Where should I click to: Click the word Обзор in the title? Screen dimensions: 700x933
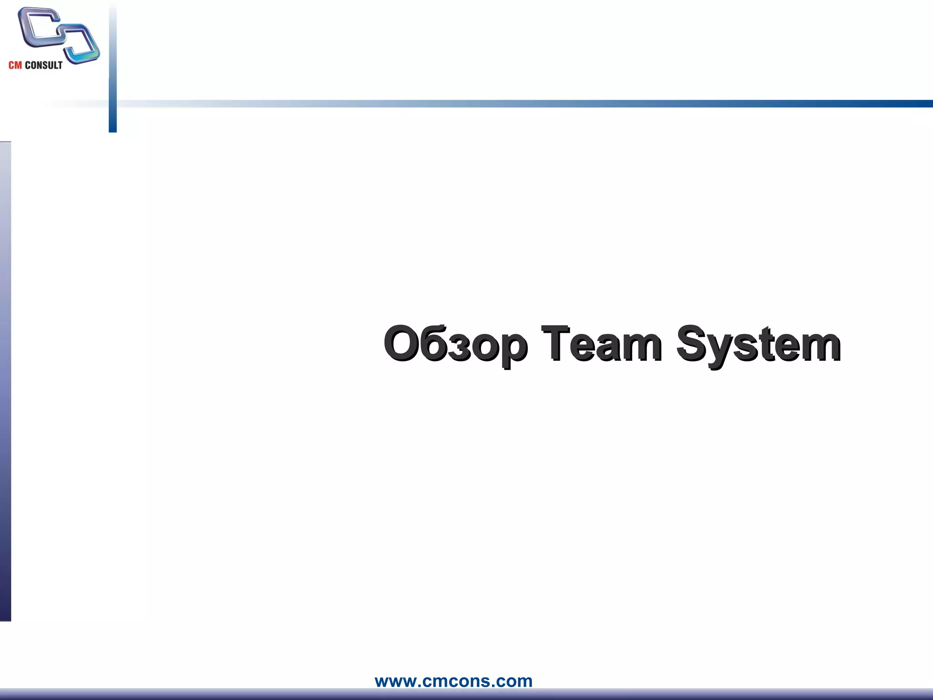456,344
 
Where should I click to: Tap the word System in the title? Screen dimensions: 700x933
759,344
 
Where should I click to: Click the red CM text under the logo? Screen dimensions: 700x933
15,65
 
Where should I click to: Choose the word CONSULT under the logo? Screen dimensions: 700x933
43,65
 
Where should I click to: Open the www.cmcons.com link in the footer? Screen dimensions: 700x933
453,681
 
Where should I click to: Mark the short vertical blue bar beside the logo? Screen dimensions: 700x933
113,68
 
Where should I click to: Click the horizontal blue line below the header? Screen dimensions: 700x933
547,103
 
